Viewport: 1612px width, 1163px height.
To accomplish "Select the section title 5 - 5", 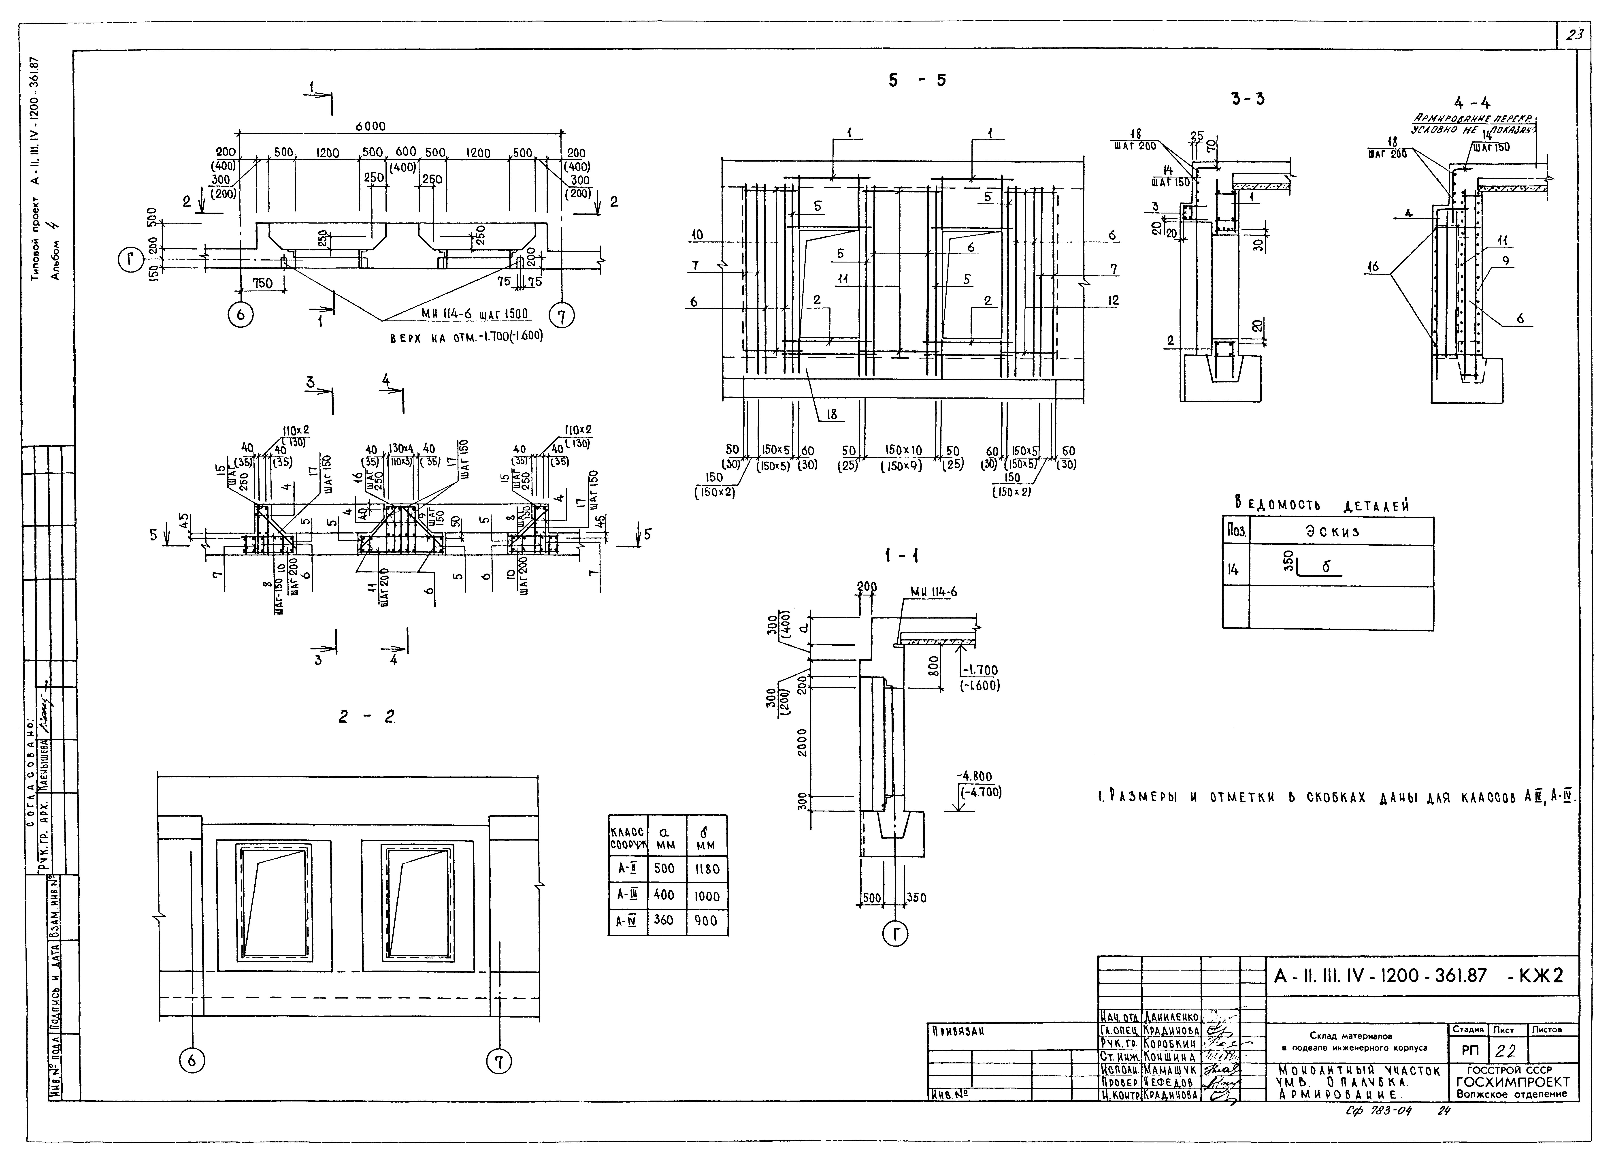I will pos(917,80).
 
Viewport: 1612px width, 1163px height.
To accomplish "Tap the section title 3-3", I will pos(1248,99).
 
